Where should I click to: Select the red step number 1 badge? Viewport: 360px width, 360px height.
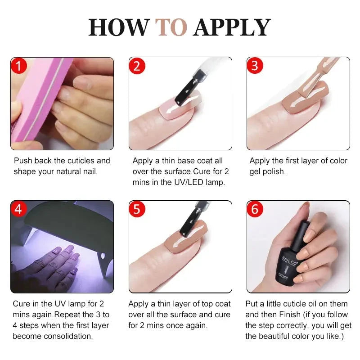click(18, 66)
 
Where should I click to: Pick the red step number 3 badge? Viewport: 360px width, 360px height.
click(255, 66)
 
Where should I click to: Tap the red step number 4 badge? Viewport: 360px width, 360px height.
click(18, 209)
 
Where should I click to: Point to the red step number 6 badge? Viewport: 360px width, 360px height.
click(255, 209)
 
